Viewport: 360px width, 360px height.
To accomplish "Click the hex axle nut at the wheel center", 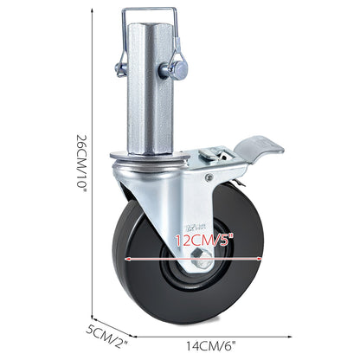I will (x=201, y=257).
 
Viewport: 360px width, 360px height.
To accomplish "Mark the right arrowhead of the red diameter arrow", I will (x=261, y=258).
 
